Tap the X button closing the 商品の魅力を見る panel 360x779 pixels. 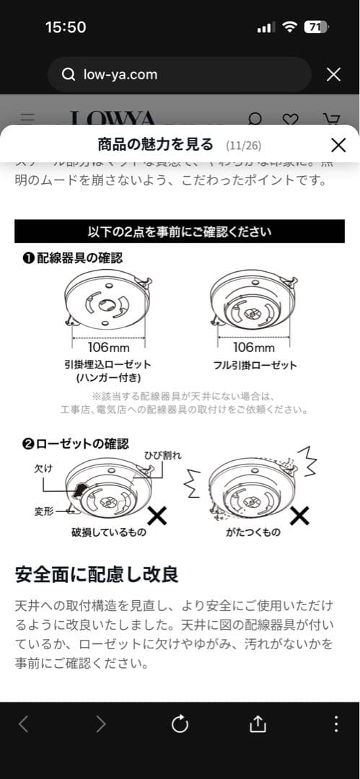pos(338,145)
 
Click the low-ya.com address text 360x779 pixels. pos(120,74)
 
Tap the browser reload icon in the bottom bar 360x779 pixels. pos(180,724)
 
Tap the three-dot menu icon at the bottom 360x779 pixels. pos(335,724)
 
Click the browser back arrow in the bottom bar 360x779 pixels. pos(24,724)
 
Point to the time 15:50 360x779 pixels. pos(66,27)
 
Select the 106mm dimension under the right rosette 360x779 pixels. pos(253,347)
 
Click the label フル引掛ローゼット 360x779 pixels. pos(253,365)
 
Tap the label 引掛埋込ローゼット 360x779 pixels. pos(107,365)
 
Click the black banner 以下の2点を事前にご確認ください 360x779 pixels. pos(180,232)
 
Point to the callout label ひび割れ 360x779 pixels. pos(162,455)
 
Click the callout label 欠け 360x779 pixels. pos(44,468)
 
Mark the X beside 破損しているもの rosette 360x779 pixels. pos(157,515)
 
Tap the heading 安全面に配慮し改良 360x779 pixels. pos(97,574)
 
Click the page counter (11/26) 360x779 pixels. pos(243,146)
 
